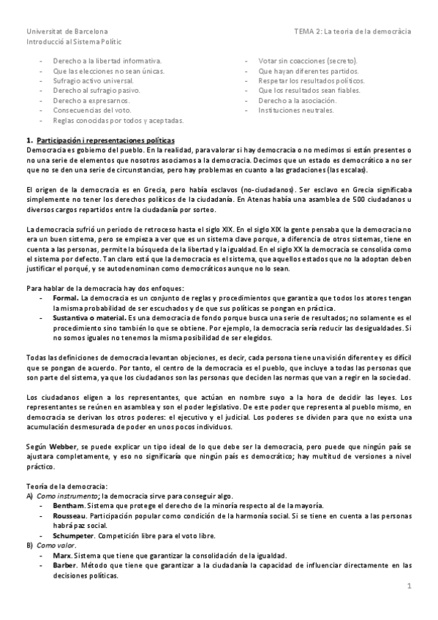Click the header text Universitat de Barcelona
coord(67,32)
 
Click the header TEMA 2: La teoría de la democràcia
coord(352,32)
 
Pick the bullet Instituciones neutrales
coord(296,110)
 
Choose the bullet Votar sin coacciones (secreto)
coord(308,61)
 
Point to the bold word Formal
coord(66,299)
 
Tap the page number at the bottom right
coord(410,586)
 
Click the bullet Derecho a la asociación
coord(297,100)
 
